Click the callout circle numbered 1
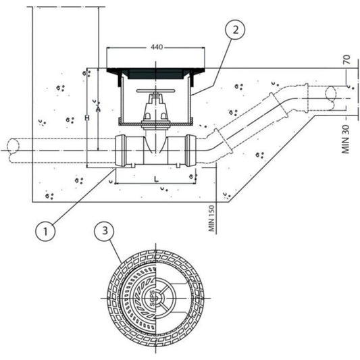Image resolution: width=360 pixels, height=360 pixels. [x=45, y=231]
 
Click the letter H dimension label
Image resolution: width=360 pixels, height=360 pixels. [x=86, y=118]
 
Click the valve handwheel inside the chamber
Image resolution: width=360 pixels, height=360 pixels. [x=156, y=90]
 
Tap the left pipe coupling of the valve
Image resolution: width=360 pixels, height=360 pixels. [x=123, y=151]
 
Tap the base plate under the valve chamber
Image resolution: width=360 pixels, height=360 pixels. [x=156, y=122]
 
